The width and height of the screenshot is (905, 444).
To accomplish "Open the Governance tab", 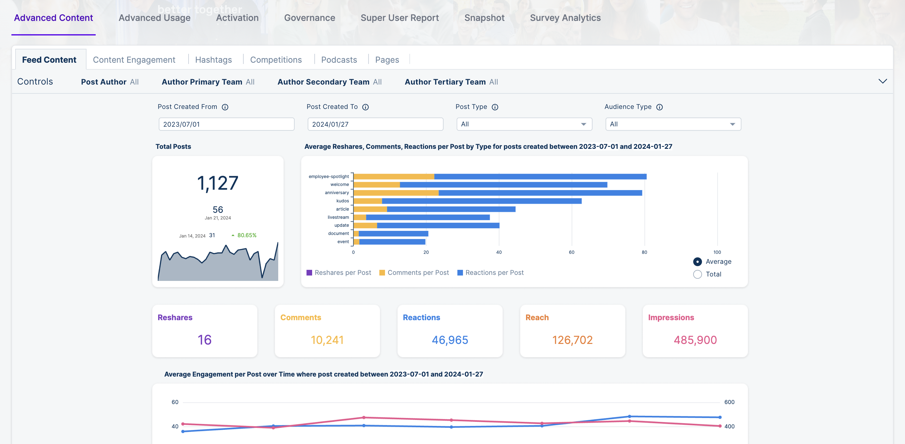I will [x=309, y=18].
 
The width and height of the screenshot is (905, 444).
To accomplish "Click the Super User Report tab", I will [x=400, y=18].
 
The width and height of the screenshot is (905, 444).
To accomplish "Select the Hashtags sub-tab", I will [x=213, y=60].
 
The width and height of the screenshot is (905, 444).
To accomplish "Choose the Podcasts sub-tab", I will [x=339, y=60].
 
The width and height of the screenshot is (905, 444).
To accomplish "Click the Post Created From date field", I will [x=226, y=124].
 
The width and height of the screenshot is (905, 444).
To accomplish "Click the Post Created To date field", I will [x=375, y=124].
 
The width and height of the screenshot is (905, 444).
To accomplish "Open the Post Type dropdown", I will [x=524, y=124].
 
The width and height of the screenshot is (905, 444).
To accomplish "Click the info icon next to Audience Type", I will [x=659, y=107].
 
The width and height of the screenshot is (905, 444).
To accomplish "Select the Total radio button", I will [x=697, y=275].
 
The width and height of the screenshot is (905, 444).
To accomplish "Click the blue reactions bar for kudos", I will [x=481, y=201].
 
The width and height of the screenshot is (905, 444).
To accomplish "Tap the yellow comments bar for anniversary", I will [x=396, y=193].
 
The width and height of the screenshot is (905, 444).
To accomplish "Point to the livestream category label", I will [x=338, y=217].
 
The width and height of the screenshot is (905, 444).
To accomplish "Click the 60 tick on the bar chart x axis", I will [x=572, y=252].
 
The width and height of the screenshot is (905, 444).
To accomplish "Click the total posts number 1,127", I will [x=217, y=183].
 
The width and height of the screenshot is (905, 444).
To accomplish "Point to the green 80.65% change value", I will [x=247, y=236].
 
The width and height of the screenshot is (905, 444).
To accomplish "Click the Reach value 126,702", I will [x=572, y=340].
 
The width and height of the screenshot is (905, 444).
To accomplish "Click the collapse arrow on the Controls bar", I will [x=883, y=81].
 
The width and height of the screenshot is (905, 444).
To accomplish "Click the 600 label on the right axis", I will [x=729, y=402].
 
